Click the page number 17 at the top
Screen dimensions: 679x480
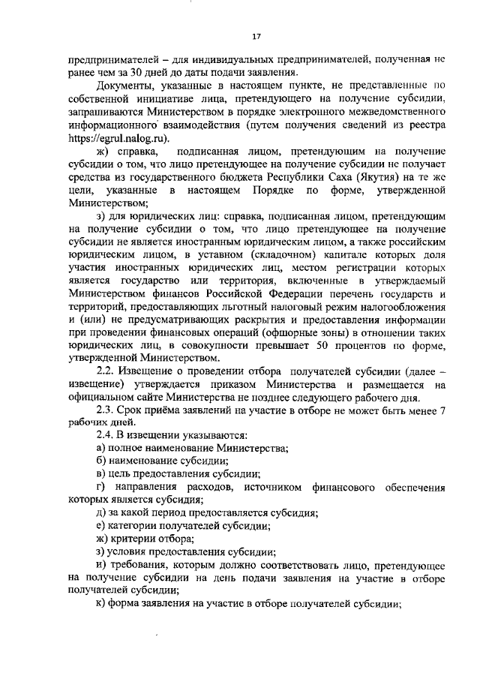256,35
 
